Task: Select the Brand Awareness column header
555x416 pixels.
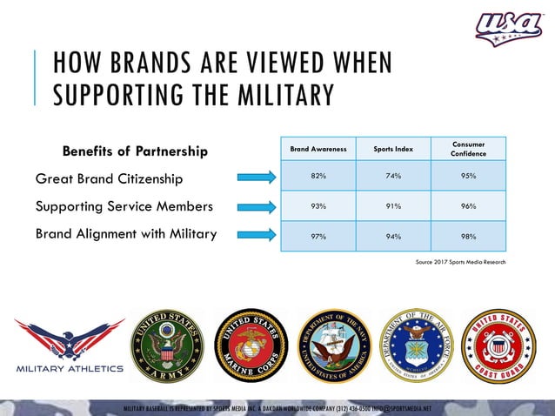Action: tap(318, 149)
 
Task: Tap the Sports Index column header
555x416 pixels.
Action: tap(393, 149)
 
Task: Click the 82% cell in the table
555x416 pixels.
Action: tap(318, 176)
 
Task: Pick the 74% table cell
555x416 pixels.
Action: tap(393, 176)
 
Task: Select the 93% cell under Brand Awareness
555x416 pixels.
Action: tap(318, 206)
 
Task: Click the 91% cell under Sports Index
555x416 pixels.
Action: tap(393, 206)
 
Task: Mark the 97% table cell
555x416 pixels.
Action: tap(318, 236)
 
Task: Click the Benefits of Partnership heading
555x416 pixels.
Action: tap(135, 152)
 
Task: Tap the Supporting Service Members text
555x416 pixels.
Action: tap(124, 207)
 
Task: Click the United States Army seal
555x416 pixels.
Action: tap(165, 345)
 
